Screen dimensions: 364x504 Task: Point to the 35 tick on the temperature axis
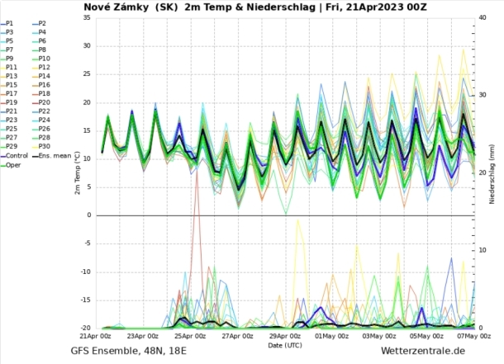87,17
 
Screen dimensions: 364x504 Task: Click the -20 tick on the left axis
84,329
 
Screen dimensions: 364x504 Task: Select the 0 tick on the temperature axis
88,215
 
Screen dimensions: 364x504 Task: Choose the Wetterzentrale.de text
424,352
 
